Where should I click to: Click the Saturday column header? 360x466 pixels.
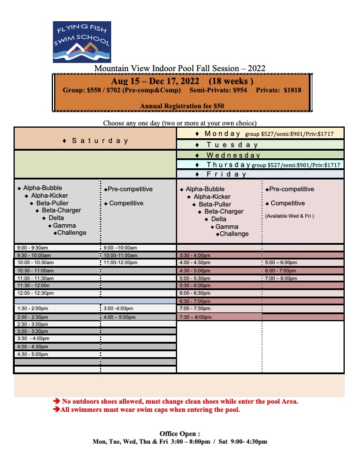pyautogui.click(x=95, y=141)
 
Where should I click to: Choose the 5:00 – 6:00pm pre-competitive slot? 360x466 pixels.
pyautogui.click(x=281, y=262)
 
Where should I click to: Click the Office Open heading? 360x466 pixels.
pyautogui.click(x=180, y=434)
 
